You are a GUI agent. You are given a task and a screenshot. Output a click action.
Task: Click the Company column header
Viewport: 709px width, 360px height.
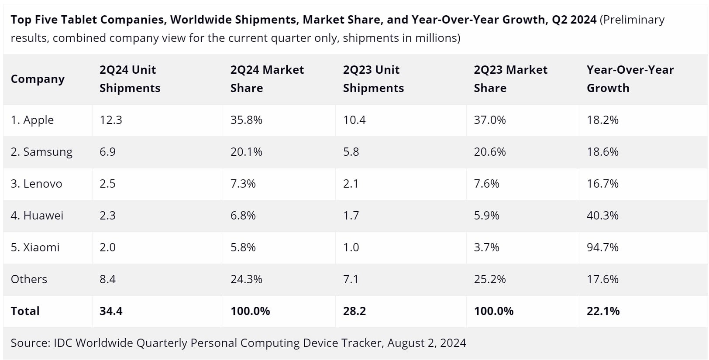point(38,79)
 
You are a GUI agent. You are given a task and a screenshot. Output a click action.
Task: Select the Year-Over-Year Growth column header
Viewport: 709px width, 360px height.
point(630,79)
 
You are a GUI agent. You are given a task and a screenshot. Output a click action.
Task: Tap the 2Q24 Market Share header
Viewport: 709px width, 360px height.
point(267,79)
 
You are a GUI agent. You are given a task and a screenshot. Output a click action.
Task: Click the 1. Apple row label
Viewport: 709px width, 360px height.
point(32,120)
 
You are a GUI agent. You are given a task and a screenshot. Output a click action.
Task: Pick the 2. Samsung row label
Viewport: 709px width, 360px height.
point(41,152)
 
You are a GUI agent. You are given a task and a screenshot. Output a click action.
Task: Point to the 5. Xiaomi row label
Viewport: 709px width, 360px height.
point(35,247)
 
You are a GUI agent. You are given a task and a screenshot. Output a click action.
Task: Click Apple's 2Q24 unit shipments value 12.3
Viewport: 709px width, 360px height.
point(111,120)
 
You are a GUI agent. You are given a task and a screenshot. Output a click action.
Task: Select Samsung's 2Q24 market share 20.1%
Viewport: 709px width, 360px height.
point(246,152)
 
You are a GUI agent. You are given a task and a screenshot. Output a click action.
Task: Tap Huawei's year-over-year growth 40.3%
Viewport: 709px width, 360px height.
point(602,216)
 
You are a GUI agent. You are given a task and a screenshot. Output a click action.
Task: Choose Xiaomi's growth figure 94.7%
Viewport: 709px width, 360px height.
point(602,247)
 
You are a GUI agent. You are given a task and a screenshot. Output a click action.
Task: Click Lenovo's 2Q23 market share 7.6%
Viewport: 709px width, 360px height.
point(486,183)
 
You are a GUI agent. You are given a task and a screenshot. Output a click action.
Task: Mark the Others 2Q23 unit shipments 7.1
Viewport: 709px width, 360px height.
point(351,279)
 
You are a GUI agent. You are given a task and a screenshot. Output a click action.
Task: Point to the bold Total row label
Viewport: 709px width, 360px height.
point(25,311)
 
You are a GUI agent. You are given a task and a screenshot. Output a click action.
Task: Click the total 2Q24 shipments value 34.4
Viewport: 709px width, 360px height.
point(111,311)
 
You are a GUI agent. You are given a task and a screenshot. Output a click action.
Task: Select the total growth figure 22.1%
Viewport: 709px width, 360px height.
point(603,311)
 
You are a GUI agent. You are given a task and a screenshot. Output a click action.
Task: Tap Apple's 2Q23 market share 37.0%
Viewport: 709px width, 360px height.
point(490,120)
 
